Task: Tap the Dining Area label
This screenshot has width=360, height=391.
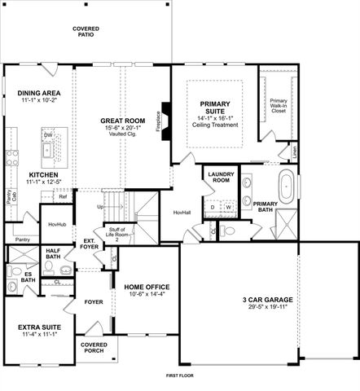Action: [40, 94]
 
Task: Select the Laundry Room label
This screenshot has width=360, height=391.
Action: [222, 178]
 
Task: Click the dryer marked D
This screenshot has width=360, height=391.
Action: [213, 207]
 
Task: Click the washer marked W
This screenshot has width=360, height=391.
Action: [228, 207]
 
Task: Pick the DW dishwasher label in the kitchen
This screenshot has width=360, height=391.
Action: [47, 135]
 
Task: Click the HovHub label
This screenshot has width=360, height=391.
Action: [56, 223]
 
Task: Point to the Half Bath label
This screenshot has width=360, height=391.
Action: [54, 254]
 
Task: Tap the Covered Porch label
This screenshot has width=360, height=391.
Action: [94, 348]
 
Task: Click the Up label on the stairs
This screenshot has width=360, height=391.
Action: [100, 207]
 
